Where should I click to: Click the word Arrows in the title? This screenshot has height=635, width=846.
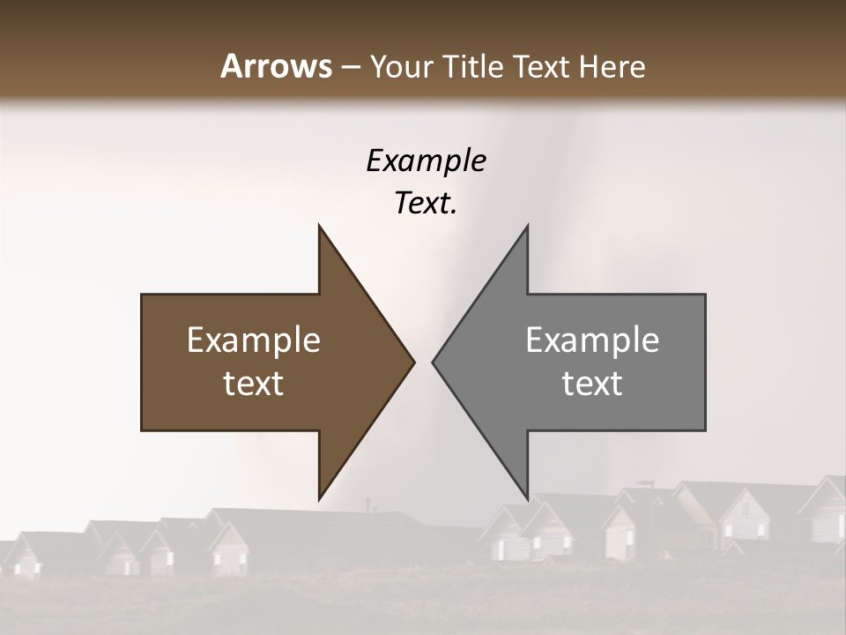[x=277, y=66]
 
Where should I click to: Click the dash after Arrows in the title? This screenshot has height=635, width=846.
[x=351, y=68]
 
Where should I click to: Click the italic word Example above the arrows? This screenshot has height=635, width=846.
[x=426, y=161]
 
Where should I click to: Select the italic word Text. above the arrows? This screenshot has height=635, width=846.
[x=426, y=204]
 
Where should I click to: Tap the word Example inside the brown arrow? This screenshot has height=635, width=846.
[x=254, y=340]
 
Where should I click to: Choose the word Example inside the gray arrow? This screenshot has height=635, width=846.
[x=592, y=340]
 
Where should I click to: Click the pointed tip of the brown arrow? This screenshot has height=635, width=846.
[x=413, y=362]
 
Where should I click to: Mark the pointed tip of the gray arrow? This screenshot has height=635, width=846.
[x=433, y=362]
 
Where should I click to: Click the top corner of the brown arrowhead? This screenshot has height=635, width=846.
[x=320, y=227]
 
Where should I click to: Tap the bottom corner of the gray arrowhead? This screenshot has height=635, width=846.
[x=527, y=498]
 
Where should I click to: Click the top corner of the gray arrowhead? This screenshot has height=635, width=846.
[x=527, y=227]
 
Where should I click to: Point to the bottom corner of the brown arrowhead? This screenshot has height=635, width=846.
[x=320, y=498]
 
